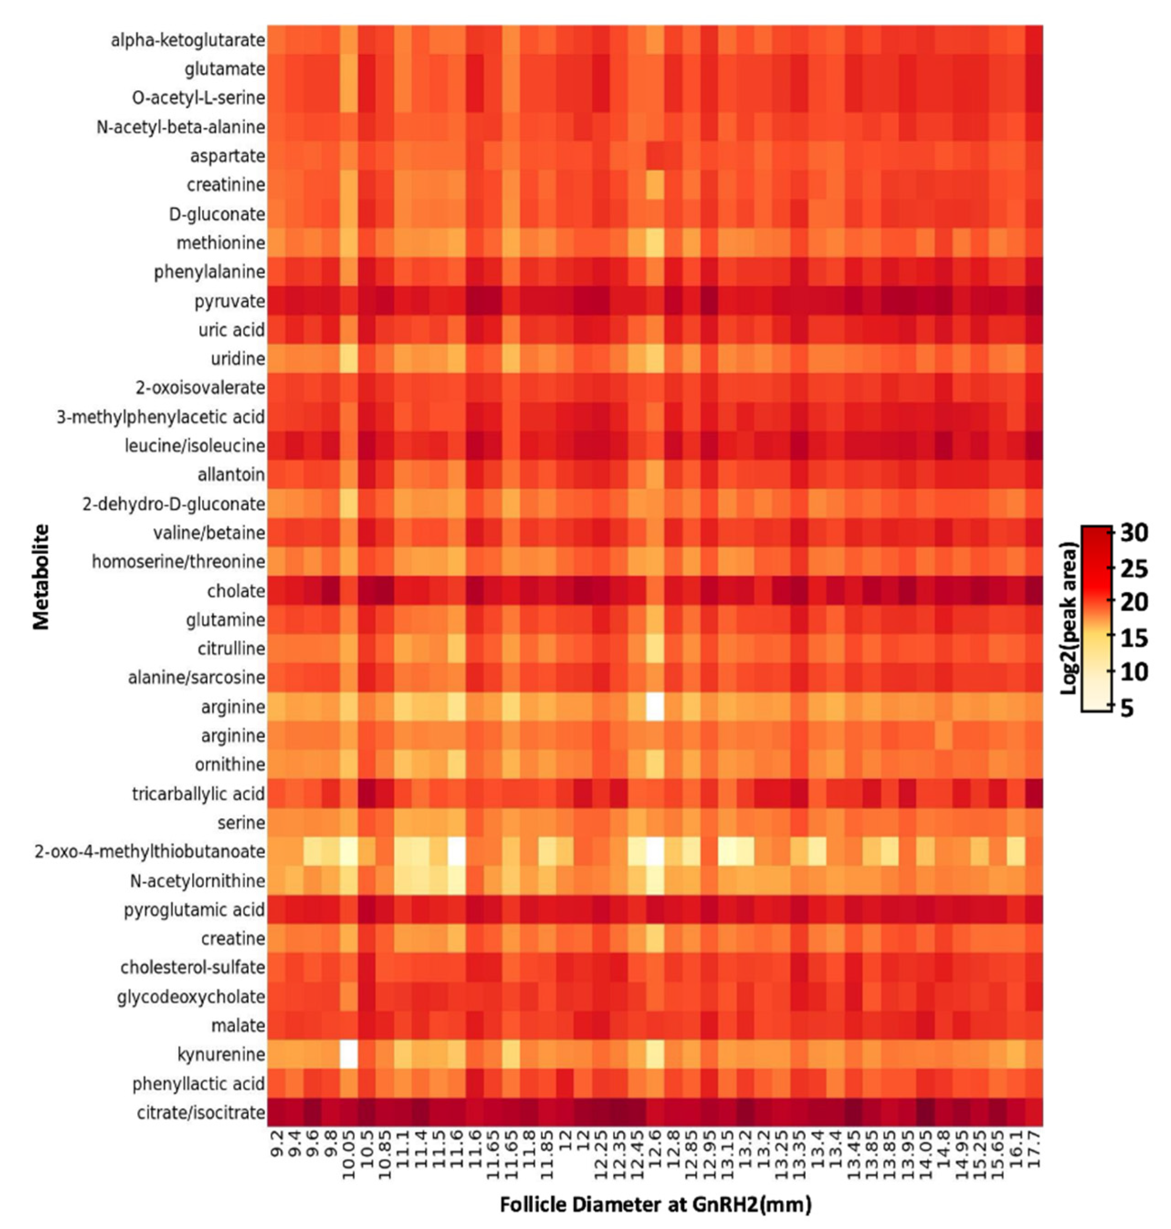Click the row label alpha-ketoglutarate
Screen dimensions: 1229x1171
(x=187, y=40)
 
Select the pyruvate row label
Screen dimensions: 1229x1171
(x=229, y=301)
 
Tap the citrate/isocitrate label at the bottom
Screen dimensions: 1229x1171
(x=201, y=1112)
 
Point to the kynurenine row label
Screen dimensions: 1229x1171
(x=221, y=1054)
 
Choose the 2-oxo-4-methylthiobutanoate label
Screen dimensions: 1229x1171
(x=150, y=852)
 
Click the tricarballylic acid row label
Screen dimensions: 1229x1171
(x=198, y=794)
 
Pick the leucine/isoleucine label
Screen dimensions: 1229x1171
(x=195, y=446)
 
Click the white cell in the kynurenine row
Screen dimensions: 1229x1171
(x=348, y=1054)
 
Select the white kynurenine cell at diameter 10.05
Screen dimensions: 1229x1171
(x=348, y=1054)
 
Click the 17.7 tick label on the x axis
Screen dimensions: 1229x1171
(x=1034, y=1148)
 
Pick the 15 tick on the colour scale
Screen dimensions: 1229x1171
(x=1134, y=638)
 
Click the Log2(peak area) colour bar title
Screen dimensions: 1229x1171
(x=1070, y=618)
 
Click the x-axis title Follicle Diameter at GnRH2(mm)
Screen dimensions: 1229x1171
(x=656, y=1204)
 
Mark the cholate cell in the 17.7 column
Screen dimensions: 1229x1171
(x=1034, y=591)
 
